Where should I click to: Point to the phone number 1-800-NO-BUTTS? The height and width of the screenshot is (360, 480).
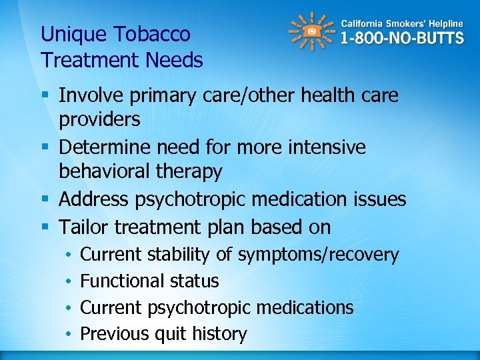(x=402, y=38)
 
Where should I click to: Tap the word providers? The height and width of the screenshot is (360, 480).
(x=99, y=120)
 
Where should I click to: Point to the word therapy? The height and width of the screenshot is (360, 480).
(x=191, y=172)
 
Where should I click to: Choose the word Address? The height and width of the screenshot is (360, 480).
(x=96, y=199)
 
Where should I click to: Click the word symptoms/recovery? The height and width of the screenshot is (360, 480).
(x=318, y=255)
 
